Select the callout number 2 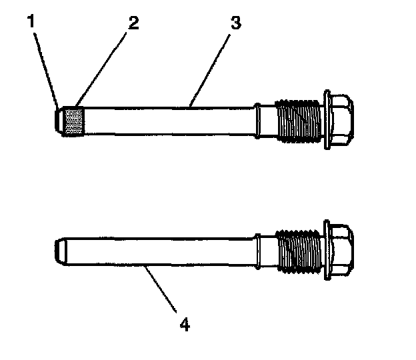coord(134,23)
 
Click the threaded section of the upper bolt coord(300,120)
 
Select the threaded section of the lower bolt coord(300,251)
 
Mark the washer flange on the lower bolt coord(327,250)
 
